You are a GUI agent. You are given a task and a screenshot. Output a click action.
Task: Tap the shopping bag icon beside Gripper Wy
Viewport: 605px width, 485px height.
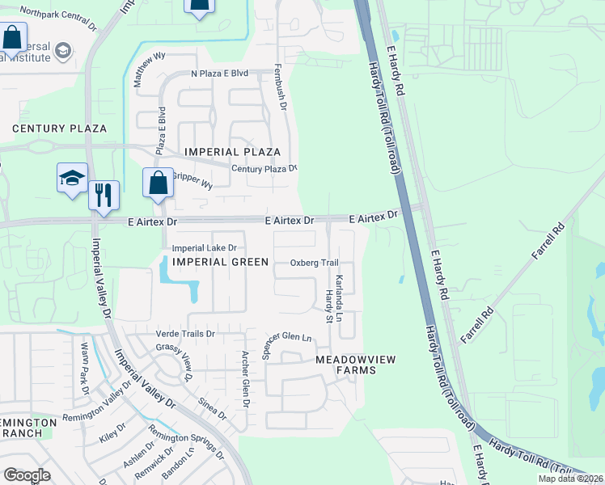pos(159,183)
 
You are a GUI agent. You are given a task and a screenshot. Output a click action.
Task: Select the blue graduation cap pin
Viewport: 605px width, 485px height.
pos(71,178)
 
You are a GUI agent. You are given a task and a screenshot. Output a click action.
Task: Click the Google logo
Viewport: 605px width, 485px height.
pos(26,475)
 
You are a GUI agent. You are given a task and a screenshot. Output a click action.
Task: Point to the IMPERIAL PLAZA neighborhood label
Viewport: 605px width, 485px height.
pos(232,152)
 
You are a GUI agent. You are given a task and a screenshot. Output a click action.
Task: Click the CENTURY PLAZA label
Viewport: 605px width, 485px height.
pos(59,129)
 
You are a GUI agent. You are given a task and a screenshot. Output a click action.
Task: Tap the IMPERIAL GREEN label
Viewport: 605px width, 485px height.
pos(218,262)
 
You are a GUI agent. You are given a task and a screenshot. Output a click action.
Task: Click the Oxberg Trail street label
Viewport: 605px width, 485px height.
pos(314,264)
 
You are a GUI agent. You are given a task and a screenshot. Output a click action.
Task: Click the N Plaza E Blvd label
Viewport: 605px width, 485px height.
pos(219,74)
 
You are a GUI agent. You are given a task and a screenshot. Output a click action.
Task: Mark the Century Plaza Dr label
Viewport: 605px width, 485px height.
pos(264,168)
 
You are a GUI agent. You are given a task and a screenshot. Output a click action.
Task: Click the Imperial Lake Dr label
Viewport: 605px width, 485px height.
pos(203,248)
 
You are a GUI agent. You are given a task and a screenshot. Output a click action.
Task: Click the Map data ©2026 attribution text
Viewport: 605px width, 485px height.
pos(570,479)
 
